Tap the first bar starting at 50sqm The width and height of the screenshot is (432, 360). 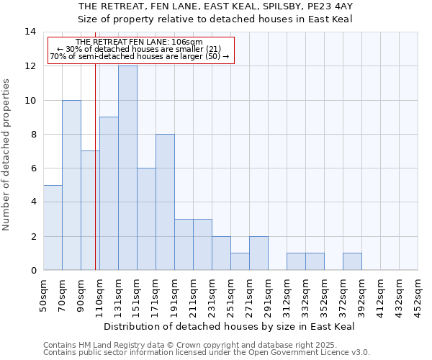53,228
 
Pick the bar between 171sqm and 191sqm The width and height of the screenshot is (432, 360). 165,202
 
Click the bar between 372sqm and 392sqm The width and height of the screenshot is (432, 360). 352,262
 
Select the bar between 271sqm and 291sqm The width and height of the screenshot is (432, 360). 258,253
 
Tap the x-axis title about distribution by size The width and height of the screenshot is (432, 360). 230,326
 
